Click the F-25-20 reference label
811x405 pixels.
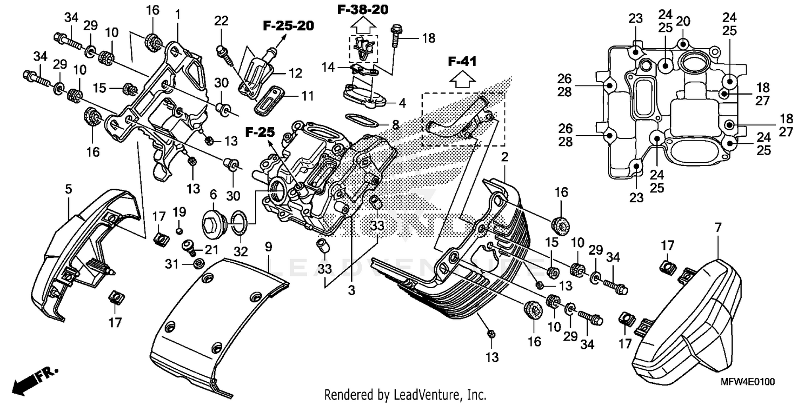click(x=288, y=25)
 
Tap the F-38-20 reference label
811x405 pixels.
click(x=363, y=9)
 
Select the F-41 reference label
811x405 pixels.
click(x=462, y=62)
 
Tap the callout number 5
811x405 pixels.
click(x=68, y=189)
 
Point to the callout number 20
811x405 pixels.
click(x=683, y=22)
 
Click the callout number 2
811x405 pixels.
click(x=504, y=158)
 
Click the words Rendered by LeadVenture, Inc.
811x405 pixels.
click(x=405, y=394)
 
